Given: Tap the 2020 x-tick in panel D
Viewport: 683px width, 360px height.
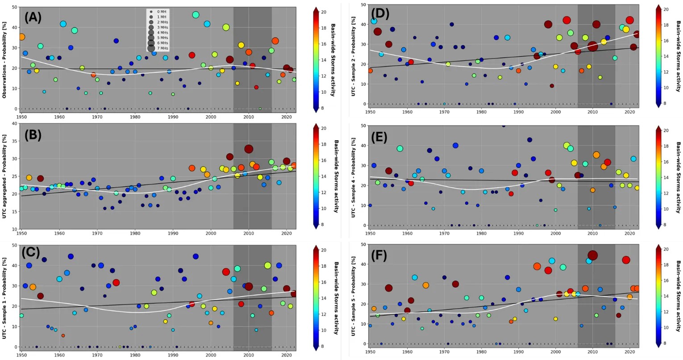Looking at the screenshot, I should [x=629, y=111].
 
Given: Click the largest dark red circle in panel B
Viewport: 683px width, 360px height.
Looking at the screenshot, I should [x=249, y=149].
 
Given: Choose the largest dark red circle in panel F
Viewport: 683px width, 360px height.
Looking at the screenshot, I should [x=592, y=255].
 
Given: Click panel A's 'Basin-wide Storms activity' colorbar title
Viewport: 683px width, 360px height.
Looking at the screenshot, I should [x=333, y=59].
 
